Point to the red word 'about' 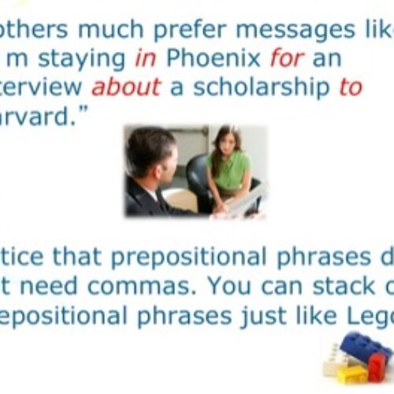[x=129, y=87]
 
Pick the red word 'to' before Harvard [x=350, y=87]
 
